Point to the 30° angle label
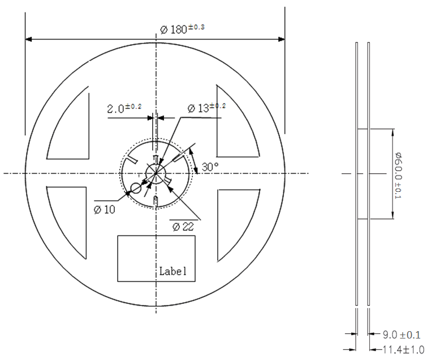(210, 167)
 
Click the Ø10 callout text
(105, 209)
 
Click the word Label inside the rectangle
(172, 271)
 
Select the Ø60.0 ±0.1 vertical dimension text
(398, 174)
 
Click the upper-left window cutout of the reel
(72, 127)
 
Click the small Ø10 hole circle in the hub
(136, 188)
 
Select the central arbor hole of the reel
(155, 173)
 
